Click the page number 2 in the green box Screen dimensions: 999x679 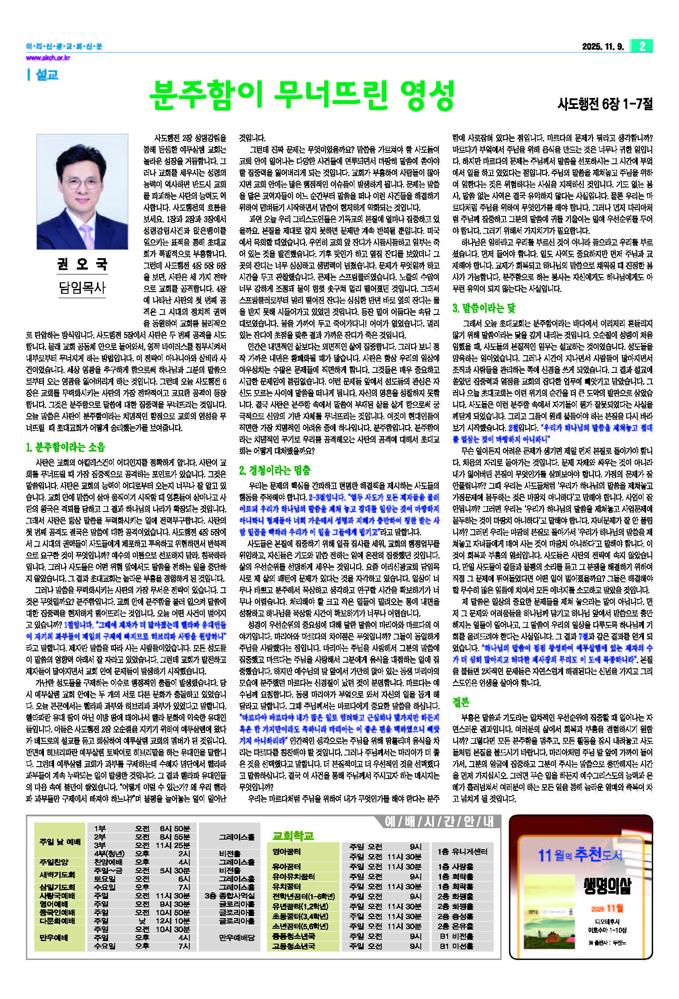(x=642, y=46)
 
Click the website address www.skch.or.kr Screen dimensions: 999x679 (x=48, y=58)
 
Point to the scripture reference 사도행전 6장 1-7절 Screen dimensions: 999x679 (x=605, y=104)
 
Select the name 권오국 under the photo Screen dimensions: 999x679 (x=82, y=264)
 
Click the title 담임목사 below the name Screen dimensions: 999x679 (x=82, y=288)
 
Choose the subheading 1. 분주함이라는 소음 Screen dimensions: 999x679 (x=65, y=447)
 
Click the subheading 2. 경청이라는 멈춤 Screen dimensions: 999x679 (x=274, y=470)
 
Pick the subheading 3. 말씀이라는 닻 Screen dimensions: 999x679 (x=484, y=308)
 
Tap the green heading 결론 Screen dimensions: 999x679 (x=461, y=702)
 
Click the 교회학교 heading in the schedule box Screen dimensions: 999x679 (x=293, y=835)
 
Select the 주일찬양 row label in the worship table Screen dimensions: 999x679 (x=54, y=862)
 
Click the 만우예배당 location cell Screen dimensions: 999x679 (x=237, y=938)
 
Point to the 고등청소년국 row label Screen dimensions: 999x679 (x=293, y=946)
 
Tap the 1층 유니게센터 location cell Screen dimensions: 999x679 (x=462, y=851)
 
